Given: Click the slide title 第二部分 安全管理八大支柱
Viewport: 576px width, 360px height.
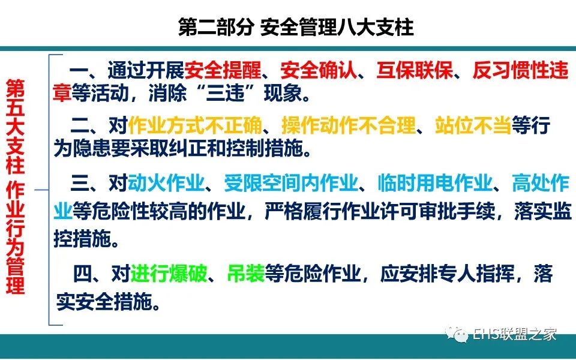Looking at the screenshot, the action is tap(296, 27).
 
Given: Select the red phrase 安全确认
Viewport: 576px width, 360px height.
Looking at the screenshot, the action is tap(319, 71).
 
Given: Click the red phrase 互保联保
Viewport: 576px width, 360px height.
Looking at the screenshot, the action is tap(415, 71).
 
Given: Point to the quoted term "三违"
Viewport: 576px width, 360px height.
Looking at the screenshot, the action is tap(225, 92).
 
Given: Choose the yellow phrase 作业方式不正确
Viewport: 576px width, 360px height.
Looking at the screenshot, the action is tap(195, 125).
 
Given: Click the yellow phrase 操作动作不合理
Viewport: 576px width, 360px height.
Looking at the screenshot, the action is tap(349, 125).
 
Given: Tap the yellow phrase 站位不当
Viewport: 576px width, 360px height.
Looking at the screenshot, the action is tap(473, 125).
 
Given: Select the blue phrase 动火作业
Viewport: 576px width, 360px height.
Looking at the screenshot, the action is tap(166, 182).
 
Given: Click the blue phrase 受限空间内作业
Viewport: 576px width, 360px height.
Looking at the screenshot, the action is tap(291, 182).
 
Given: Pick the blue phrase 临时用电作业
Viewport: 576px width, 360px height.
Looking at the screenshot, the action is tap(435, 182).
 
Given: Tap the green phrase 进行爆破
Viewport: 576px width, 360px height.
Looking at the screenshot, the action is tap(169, 274).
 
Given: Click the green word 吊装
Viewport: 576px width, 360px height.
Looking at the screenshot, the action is tap(246, 274).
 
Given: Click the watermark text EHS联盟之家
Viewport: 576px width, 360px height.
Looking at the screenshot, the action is tap(514, 334).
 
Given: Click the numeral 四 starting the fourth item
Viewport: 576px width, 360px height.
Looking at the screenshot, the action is tap(83, 274).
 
